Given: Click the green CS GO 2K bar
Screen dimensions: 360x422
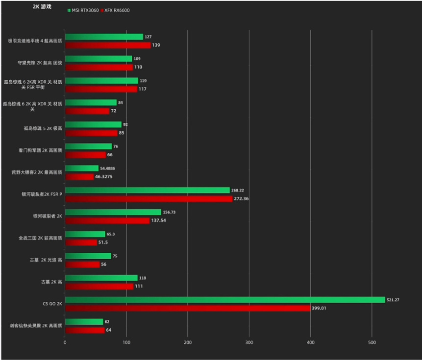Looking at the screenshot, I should [x=224, y=300].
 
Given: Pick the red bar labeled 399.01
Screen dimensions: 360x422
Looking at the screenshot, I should [x=188, y=308].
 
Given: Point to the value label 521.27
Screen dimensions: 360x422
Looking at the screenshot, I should [x=393, y=300].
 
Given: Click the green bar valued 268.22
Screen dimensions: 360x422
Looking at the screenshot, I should [x=147, y=190].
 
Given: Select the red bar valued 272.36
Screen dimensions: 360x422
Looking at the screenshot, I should [x=149, y=198].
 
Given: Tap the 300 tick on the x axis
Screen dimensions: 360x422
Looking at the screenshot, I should [x=249, y=342].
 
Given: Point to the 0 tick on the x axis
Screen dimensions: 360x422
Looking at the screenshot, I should [x=65, y=342].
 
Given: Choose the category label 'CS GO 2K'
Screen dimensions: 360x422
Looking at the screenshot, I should [x=52, y=304].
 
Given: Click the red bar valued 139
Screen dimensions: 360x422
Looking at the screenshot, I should [x=108, y=45].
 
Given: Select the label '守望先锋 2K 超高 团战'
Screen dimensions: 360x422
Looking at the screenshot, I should [x=40, y=63].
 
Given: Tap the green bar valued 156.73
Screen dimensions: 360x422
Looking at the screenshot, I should [x=113, y=212].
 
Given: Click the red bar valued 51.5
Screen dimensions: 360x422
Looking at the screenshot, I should [x=81, y=242].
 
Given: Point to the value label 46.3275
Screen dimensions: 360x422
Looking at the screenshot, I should [x=104, y=177].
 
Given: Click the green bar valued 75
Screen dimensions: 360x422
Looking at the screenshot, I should [x=88, y=256].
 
